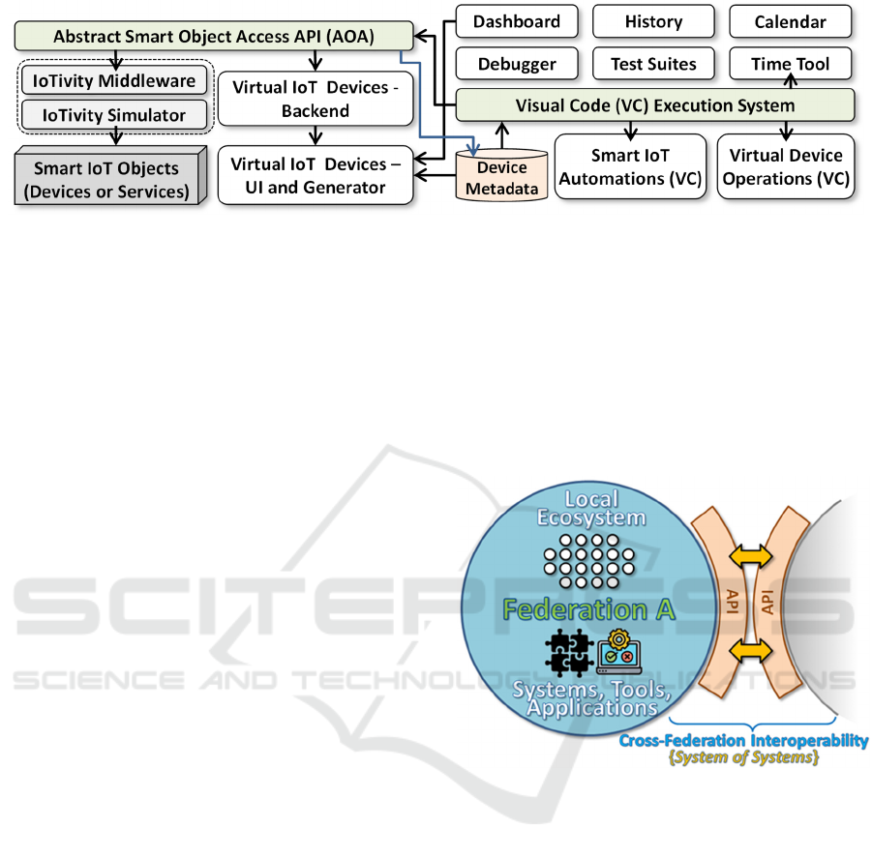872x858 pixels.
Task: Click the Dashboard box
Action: pyautogui.click(x=517, y=21)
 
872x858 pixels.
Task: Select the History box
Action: pyautogui.click(x=653, y=21)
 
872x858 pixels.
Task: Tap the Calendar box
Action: pyautogui.click(x=791, y=21)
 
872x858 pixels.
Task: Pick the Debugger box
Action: pyautogui.click(x=517, y=65)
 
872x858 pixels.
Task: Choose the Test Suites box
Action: pyautogui.click(x=653, y=65)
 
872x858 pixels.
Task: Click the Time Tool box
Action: pyautogui.click(x=791, y=65)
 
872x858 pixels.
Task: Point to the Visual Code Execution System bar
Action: pyautogui.click(x=655, y=105)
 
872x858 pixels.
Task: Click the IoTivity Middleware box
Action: pyautogui.click(x=115, y=80)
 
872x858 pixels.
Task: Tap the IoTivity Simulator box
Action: pyautogui.click(x=115, y=115)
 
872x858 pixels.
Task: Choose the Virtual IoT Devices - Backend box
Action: pyautogui.click(x=316, y=98)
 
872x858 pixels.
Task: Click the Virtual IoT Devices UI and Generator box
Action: pyautogui.click(x=316, y=175)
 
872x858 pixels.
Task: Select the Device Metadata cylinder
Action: pyautogui.click(x=501, y=178)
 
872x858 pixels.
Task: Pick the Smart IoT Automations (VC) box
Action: pyautogui.click(x=630, y=166)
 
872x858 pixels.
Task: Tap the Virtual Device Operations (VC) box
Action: pyautogui.click(x=785, y=166)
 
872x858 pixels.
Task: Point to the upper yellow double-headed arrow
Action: pyautogui.click(x=751, y=556)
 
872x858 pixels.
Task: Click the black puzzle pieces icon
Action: pyautogui.click(x=568, y=654)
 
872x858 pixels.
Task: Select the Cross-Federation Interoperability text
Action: pyautogui.click(x=743, y=741)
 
